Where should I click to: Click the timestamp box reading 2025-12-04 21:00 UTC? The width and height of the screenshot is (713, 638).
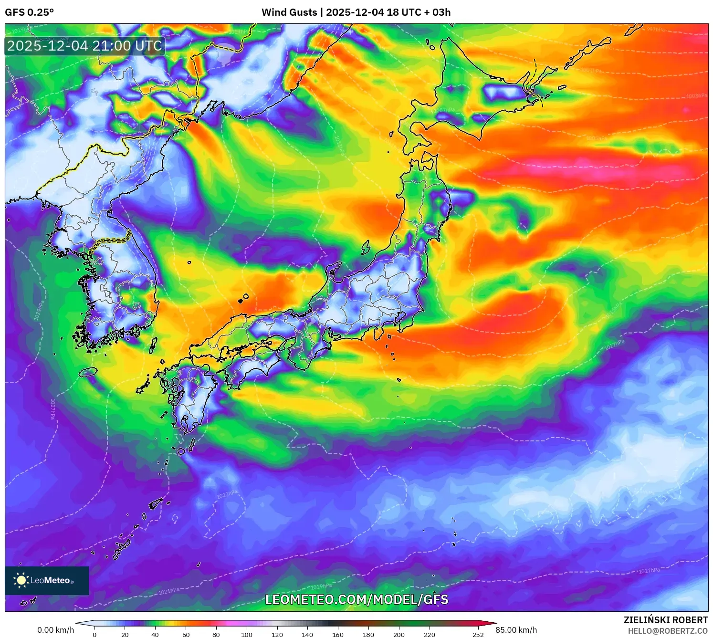coord(84,46)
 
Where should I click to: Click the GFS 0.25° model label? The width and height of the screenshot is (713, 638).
coord(29,12)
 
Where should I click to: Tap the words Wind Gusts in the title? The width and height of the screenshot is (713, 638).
coord(289,12)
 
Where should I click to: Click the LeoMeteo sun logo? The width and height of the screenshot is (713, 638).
coord(21,580)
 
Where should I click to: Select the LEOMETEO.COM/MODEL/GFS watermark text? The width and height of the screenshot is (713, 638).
coord(356,599)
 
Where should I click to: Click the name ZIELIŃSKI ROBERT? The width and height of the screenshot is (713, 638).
coord(666,620)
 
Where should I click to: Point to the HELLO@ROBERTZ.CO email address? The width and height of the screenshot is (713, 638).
coord(668,631)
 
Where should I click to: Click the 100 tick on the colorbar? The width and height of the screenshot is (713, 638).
coord(246,634)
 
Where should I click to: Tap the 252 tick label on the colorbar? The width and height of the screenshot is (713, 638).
coord(478,634)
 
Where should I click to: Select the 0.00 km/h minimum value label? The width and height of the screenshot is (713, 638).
coord(55,630)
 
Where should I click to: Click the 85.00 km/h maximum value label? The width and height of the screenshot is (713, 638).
coord(516,630)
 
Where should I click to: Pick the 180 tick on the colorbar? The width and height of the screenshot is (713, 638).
coord(368,634)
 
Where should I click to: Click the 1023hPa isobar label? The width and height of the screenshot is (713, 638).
coord(227,494)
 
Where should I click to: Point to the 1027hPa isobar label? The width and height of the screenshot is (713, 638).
coord(52,408)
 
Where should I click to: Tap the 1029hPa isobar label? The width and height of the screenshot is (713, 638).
coord(40,310)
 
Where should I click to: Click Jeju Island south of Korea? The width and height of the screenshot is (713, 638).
coord(88,372)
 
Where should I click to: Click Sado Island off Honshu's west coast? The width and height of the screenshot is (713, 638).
coord(366,247)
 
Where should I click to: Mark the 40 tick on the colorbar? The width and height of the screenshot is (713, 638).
coord(155,634)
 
